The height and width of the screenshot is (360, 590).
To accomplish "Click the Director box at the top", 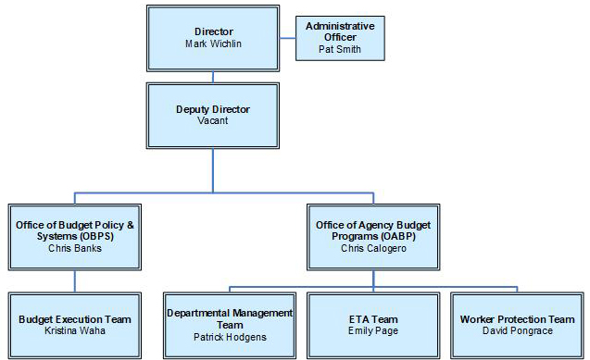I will (213, 37).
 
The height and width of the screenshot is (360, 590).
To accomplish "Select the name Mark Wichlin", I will (213, 43).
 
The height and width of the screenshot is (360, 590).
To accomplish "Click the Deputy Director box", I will (213, 114).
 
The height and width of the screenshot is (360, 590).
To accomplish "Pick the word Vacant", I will (213, 120).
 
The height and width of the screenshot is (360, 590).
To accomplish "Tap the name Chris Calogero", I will (373, 249).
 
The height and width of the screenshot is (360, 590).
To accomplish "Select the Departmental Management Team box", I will (231, 324).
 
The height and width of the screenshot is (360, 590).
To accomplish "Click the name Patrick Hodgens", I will (231, 337).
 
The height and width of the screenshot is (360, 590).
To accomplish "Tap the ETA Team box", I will (373, 324).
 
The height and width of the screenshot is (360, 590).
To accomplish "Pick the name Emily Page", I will (373, 330).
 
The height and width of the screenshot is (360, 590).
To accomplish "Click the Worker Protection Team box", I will (517, 324).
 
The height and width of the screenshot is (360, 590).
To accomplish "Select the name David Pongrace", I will (517, 330).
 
